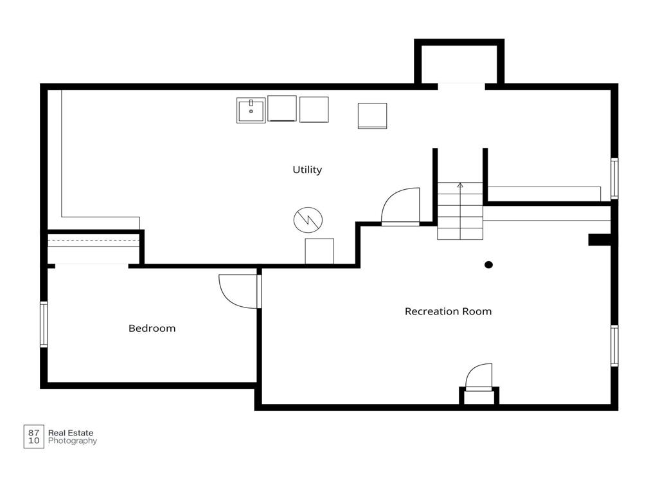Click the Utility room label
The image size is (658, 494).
pos(307,170)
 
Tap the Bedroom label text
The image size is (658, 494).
pos(152,328)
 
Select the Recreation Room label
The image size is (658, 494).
pos(448,311)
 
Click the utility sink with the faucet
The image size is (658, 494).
pos(251,111)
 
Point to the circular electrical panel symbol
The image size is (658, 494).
pos(308,220)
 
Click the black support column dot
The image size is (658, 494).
pos(488,264)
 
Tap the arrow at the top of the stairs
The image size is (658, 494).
pos(460,185)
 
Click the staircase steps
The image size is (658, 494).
pos(460,211)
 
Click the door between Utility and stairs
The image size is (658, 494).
pos(400,206)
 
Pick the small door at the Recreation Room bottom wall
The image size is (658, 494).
pos(479,377)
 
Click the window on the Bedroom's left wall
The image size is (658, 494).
pos(44,324)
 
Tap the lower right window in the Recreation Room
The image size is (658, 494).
pos(614,345)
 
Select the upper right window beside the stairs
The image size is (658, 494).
pos(614,179)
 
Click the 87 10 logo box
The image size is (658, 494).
pos(33,437)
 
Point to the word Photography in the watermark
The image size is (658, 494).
pos(73,441)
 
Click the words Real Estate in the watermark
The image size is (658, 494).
pos(71,432)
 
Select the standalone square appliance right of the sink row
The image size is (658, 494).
pos(372,116)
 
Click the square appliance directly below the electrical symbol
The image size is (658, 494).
pos(319,252)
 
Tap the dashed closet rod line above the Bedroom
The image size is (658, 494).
pos(93,241)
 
